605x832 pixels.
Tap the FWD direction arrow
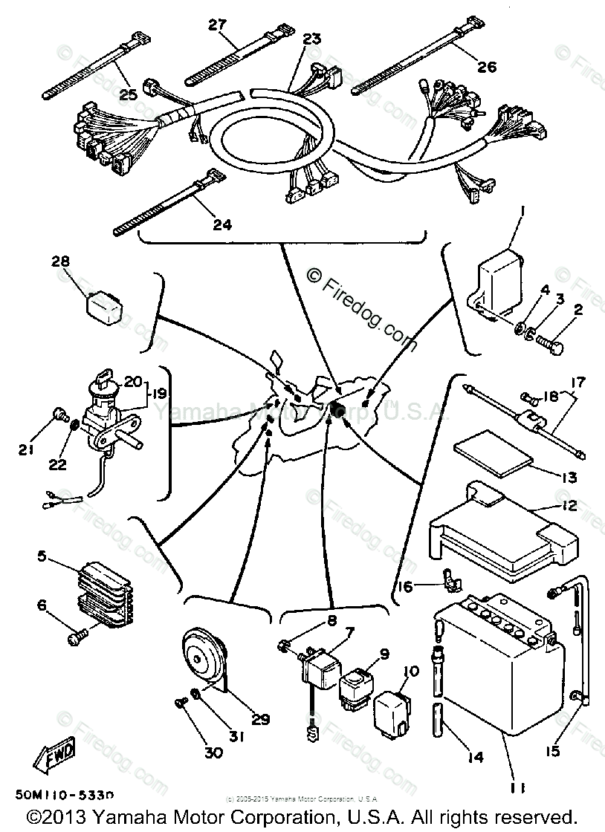point(52,758)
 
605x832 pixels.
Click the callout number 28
point(60,261)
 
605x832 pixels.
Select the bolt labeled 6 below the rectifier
point(76,634)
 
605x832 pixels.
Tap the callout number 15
point(551,751)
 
